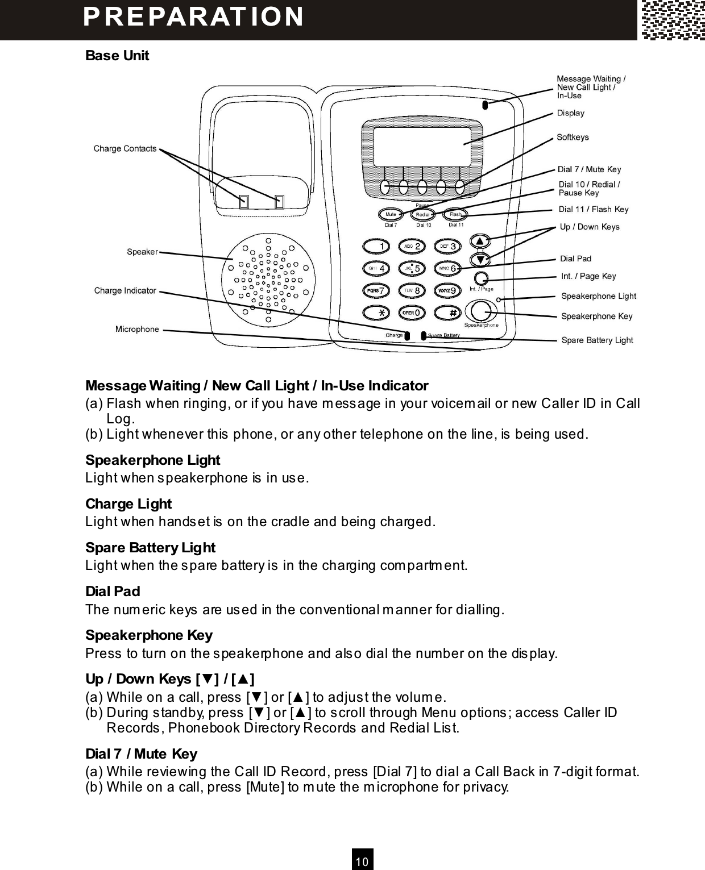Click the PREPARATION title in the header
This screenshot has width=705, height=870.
click(x=193, y=16)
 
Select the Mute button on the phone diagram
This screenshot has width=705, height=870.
click(x=391, y=214)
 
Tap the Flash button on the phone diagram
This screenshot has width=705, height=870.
click(x=455, y=214)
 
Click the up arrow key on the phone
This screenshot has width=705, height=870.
click(x=480, y=241)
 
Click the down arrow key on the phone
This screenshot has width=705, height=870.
click(x=480, y=260)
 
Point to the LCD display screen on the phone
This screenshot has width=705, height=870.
click(x=422, y=145)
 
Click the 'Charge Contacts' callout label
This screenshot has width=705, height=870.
click(x=125, y=149)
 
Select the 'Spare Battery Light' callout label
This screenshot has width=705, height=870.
click(x=597, y=340)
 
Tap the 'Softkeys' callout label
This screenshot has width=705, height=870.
click(x=573, y=137)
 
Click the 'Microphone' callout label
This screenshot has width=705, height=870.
click(x=137, y=329)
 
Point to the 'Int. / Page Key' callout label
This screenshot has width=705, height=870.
click(x=588, y=276)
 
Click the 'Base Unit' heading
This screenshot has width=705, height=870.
click(x=117, y=56)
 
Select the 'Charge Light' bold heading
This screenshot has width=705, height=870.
click(x=128, y=504)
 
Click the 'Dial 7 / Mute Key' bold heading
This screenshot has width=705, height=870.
click(x=141, y=754)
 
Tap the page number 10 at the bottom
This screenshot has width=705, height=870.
click(x=362, y=861)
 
